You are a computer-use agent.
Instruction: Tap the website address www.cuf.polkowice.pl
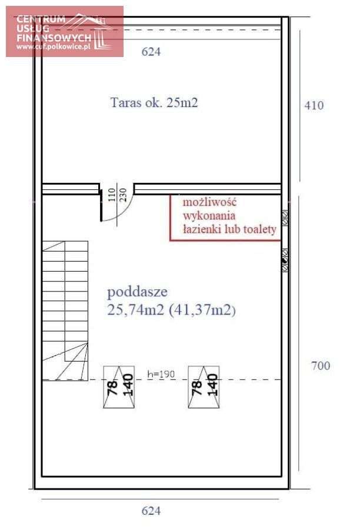pos(54,47)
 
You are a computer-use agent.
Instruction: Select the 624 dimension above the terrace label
pos(151,52)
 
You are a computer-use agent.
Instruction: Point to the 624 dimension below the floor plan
pos(151,511)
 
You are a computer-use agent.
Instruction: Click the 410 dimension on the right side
pos(314,106)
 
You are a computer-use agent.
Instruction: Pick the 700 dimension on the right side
pos(321,366)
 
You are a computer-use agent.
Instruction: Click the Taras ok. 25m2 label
pos(154,102)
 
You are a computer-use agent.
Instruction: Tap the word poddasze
pos(137,292)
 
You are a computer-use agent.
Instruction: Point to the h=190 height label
pos(161,374)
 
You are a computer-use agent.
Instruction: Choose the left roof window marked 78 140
pos(119,387)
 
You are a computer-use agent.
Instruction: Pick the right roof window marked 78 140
pos(204,387)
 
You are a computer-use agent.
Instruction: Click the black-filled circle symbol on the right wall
pos(285,259)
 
